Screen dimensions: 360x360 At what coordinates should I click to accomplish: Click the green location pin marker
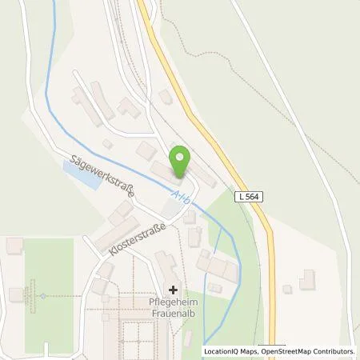tap(180, 161)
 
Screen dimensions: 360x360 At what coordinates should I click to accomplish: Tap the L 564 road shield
tap(250, 197)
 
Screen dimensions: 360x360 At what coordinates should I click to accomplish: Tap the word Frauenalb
tap(174, 313)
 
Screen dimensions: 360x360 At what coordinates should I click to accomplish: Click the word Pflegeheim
tap(174, 302)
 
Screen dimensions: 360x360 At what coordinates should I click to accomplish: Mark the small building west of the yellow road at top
tap(165, 96)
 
